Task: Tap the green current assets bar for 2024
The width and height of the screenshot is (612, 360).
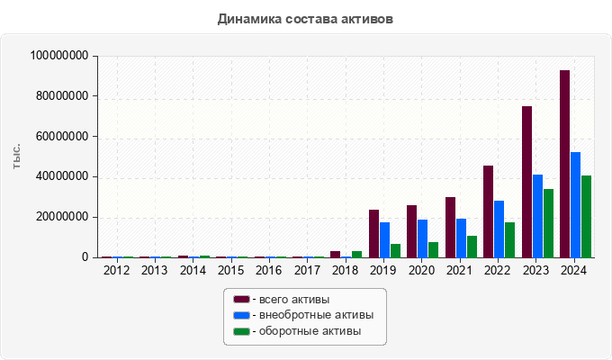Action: point(586,216)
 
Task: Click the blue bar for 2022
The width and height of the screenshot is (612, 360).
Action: point(499,229)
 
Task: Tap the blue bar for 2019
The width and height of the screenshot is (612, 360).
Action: point(384,239)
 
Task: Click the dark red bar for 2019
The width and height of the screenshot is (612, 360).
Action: point(373,233)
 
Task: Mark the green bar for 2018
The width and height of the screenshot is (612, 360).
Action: point(356,254)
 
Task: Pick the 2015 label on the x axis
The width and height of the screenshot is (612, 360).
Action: point(230,270)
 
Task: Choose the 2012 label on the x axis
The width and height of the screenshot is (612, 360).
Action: point(116,270)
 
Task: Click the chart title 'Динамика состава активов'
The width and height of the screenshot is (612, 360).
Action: point(305,18)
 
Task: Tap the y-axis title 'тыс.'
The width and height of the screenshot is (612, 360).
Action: point(16,156)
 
